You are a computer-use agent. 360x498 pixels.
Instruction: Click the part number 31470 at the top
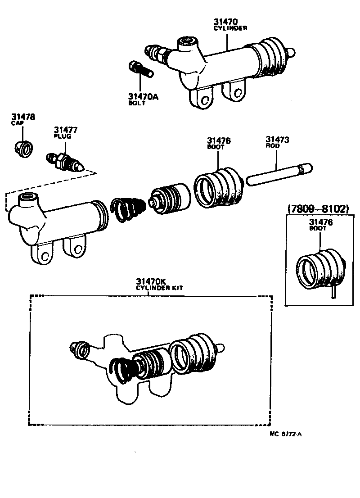tap(226, 21)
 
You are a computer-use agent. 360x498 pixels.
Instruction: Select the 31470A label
tap(143, 96)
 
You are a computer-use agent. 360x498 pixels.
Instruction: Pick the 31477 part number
tap(66, 130)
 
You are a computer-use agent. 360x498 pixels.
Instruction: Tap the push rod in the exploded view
tap(278, 174)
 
